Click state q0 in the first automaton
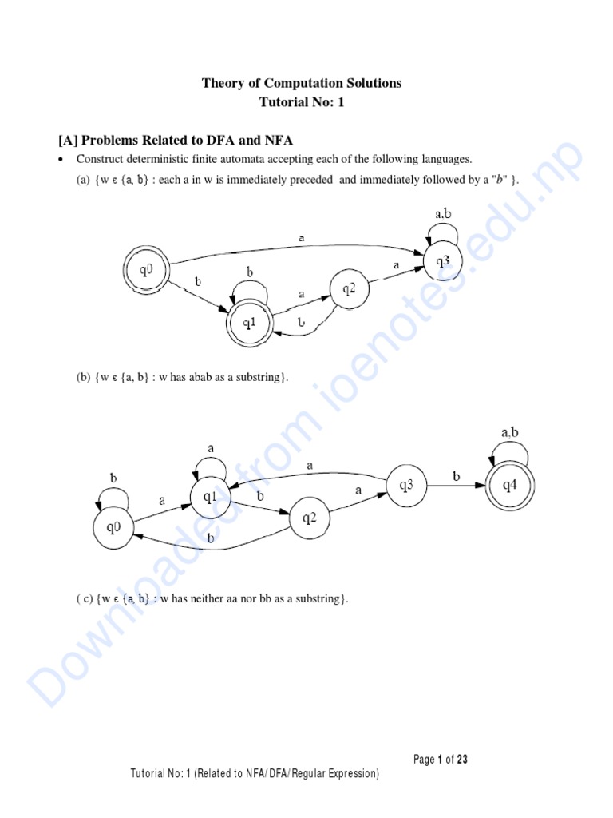coord(147,270)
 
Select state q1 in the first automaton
coord(250,323)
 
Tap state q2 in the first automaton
coord(350,288)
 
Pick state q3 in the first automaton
coord(442,261)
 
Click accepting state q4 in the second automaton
coord(510,486)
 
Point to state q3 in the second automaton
coord(406,486)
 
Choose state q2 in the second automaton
coord(310,518)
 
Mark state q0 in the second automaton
coord(113,528)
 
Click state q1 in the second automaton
coord(210,497)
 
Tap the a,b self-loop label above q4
coord(510,432)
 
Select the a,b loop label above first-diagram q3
coord(443,213)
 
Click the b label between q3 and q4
coord(457,476)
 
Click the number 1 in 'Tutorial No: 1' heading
coord(340,101)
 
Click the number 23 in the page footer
coord(462,759)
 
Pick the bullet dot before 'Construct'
coord(61,159)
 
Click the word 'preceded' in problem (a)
coord(311,180)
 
